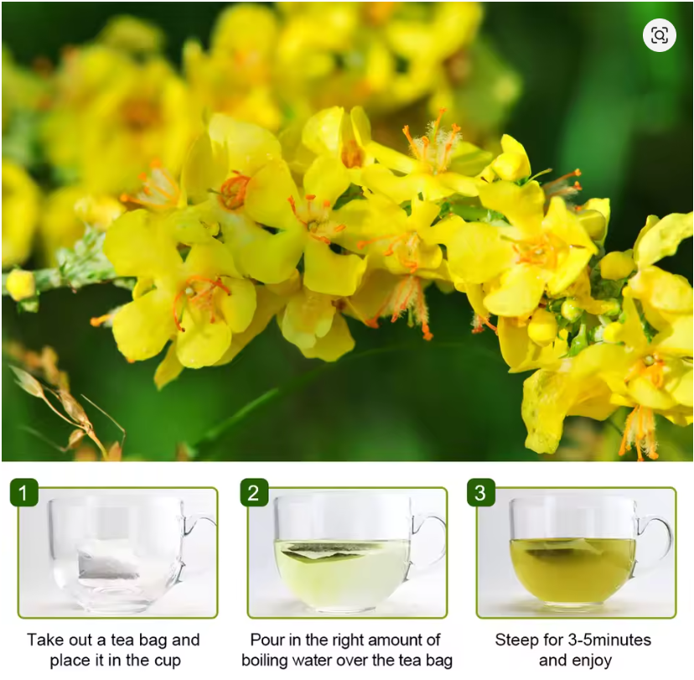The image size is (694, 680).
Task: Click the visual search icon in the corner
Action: [x=660, y=35]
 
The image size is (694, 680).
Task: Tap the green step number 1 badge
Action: [x=23, y=493]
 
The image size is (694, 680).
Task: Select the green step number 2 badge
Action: [x=254, y=493]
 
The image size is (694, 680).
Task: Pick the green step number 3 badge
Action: [x=480, y=493]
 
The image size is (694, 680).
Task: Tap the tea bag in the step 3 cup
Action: [x=562, y=550]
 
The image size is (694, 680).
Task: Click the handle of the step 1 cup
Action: [x=200, y=537]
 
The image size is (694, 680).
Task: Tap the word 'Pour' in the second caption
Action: [x=269, y=640]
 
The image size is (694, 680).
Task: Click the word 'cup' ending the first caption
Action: [x=166, y=661]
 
